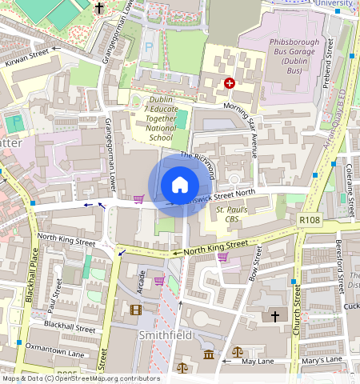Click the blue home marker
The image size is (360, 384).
[180, 186]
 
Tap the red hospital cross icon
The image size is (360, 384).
[230, 83]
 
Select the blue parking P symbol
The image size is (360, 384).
[146, 48]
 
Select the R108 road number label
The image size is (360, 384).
[309, 219]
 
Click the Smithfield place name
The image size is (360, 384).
[166, 335]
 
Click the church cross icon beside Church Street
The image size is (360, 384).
[274, 317]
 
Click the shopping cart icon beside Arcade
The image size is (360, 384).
[159, 281]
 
